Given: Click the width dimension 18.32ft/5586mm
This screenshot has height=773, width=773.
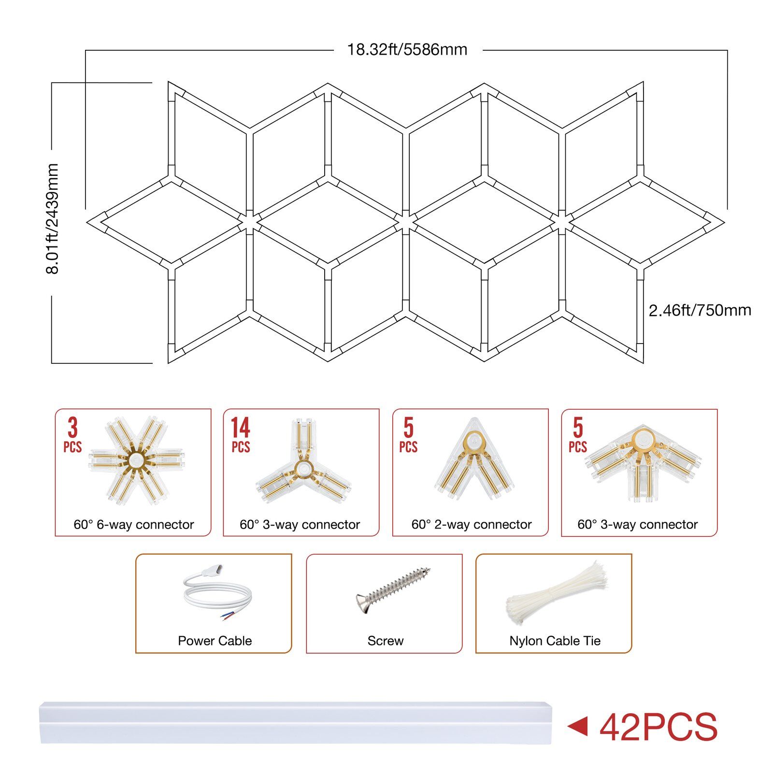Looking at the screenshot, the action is pyautogui.click(x=407, y=50).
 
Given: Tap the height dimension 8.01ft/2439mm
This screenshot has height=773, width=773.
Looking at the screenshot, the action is pyautogui.click(x=52, y=219).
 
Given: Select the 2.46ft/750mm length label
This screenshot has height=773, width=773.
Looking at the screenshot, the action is pyautogui.click(x=700, y=310).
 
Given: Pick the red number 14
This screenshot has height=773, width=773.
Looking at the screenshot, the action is pyautogui.click(x=240, y=428).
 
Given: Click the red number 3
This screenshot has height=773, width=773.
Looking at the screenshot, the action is pyautogui.click(x=72, y=428).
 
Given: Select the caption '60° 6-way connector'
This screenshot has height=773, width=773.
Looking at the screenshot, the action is pyautogui.click(x=134, y=524).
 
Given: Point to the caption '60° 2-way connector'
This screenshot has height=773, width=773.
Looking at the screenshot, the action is pyautogui.click(x=472, y=524).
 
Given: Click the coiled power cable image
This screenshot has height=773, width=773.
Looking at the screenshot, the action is pyautogui.click(x=216, y=593).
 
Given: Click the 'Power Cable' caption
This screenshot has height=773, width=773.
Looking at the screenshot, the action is pyautogui.click(x=215, y=641).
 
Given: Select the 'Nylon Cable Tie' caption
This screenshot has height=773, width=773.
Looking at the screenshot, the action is pyautogui.click(x=555, y=641).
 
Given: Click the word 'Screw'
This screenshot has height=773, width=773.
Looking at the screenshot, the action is pyautogui.click(x=386, y=641).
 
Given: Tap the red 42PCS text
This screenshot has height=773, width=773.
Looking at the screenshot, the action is pyautogui.click(x=659, y=727).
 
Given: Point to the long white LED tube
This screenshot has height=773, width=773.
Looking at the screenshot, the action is pyautogui.click(x=296, y=723).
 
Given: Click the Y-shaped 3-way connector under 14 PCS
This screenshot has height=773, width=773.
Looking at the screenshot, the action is pyautogui.click(x=303, y=461).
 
